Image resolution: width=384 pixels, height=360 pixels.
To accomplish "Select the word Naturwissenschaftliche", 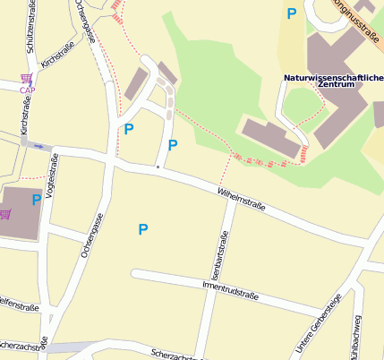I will [333, 78].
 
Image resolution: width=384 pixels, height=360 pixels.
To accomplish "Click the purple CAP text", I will [28, 90].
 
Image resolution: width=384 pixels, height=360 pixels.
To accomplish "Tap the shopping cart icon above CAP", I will [26, 79].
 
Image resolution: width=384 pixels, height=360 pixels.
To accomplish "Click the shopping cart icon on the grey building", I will [5, 214].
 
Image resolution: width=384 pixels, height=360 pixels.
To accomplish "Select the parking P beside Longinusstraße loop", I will [291, 13].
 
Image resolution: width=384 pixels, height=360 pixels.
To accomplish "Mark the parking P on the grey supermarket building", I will [37, 200].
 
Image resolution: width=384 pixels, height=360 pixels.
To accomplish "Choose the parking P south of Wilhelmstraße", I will [142, 230].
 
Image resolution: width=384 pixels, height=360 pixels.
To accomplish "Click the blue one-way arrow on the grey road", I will [37, 145].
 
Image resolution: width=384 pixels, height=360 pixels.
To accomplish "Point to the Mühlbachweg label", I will [356, 336].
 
